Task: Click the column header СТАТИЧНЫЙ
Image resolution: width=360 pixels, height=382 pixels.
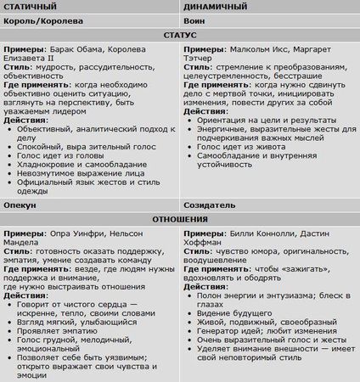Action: pos(31,7)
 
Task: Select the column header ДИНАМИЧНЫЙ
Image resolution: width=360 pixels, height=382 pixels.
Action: pos(213,7)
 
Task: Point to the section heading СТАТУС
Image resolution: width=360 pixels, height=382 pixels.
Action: pos(179,36)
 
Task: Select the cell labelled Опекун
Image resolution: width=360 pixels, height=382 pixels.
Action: pos(21,205)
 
